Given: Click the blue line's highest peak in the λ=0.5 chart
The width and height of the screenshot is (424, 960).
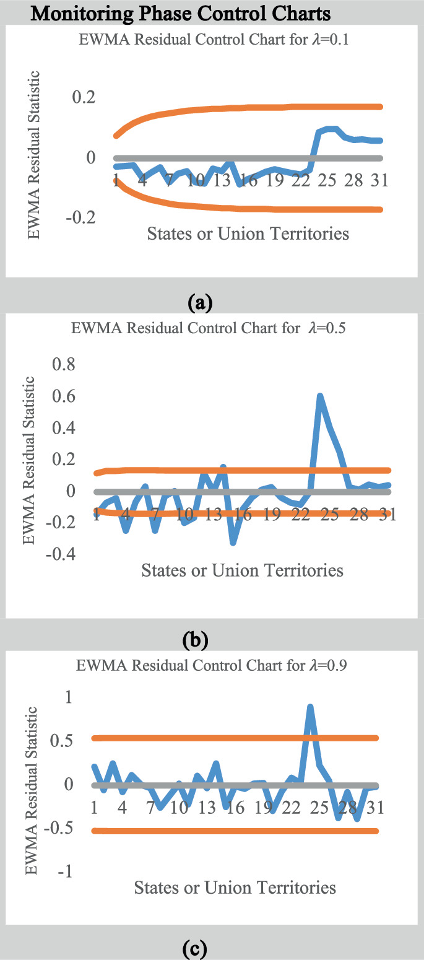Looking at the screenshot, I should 320,396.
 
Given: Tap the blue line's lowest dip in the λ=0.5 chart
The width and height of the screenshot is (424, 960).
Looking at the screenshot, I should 233,543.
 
